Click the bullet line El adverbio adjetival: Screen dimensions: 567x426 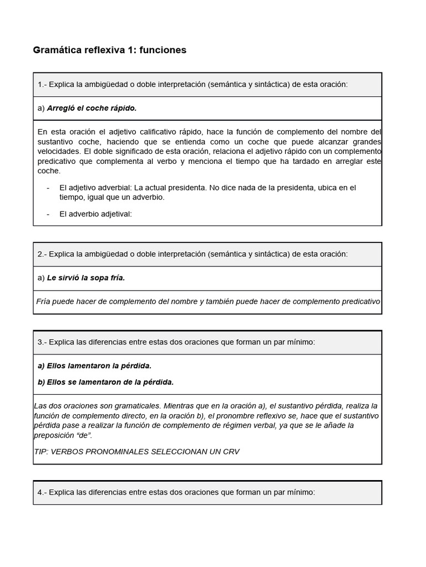pyautogui.click(x=95, y=214)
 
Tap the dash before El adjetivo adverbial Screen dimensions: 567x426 pyautogui.click(x=48, y=188)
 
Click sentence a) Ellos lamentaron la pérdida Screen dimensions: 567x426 pyautogui.click(x=95, y=366)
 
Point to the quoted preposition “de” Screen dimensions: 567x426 pyautogui.click(x=82, y=435)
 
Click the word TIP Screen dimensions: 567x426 pyautogui.click(x=41, y=451)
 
